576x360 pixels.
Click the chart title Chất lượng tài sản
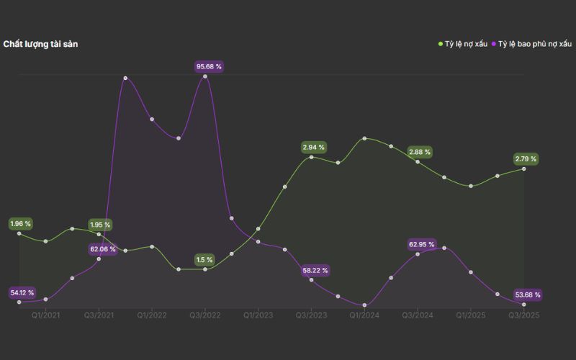(x=40, y=44)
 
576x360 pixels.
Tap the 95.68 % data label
(x=210, y=67)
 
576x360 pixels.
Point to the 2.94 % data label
(x=313, y=148)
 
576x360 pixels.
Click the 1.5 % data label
(x=204, y=260)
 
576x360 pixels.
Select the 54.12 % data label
(x=22, y=293)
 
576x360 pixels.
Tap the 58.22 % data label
(x=315, y=271)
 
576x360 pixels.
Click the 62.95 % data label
(x=421, y=245)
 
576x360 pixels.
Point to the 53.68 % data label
(x=527, y=294)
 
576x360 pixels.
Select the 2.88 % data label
(x=419, y=152)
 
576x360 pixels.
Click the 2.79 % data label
(x=525, y=158)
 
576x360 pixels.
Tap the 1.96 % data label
(x=20, y=224)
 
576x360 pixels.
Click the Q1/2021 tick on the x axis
(x=46, y=315)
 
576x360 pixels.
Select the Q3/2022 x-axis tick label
(x=205, y=315)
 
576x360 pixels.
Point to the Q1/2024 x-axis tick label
(x=364, y=315)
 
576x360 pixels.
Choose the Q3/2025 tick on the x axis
(x=523, y=315)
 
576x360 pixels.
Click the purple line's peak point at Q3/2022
(x=205, y=76)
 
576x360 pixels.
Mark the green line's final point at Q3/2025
(x=523, y=168)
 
